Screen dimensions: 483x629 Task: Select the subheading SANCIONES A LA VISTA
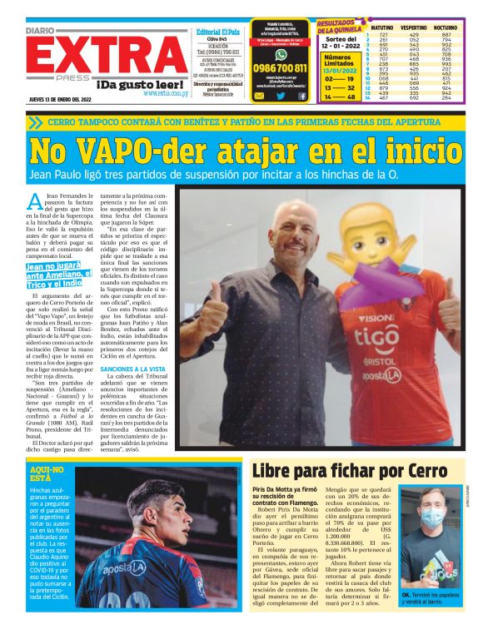(133, 366)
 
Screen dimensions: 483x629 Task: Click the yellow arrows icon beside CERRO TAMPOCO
(34, 121)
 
